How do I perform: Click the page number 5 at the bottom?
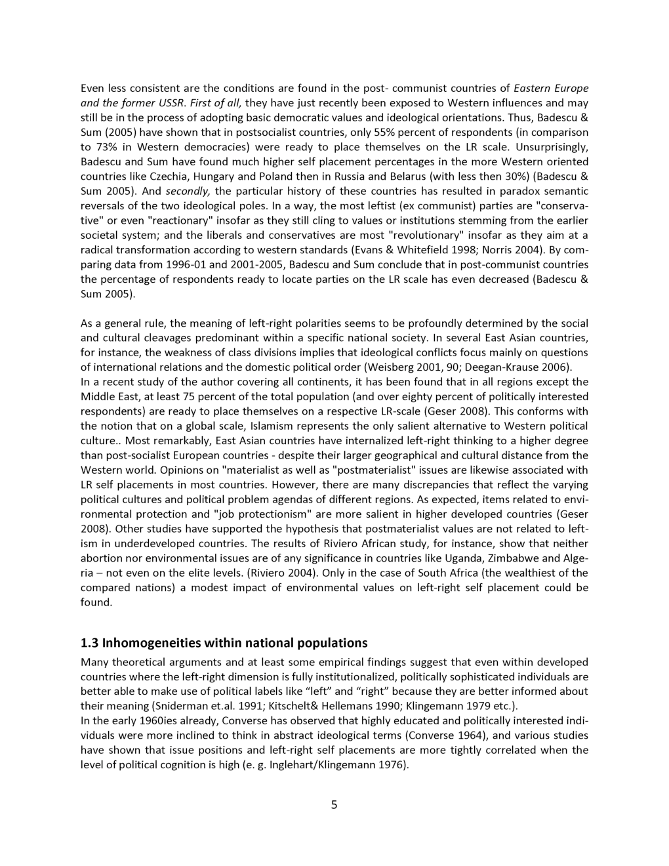[334, 805]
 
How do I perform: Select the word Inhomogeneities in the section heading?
[152, 642]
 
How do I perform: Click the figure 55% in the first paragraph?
[391, 133]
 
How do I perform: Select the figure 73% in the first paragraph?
[92, 147]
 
